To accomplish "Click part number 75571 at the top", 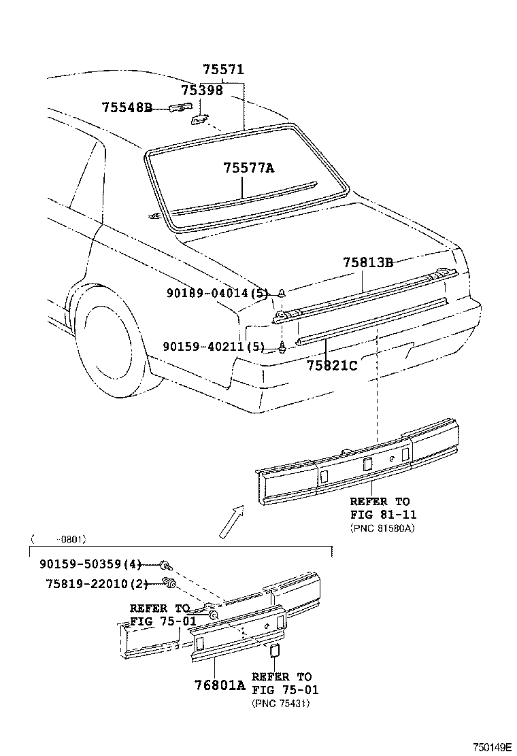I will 223,70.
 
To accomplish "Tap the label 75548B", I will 127,107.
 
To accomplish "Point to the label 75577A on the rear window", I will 248,168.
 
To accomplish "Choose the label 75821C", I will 331,365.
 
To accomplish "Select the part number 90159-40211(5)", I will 214,347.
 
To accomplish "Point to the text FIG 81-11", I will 383,515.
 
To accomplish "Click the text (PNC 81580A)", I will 382,527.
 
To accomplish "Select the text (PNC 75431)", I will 281,703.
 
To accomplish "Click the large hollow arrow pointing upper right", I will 231,521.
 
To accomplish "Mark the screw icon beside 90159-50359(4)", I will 166,564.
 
